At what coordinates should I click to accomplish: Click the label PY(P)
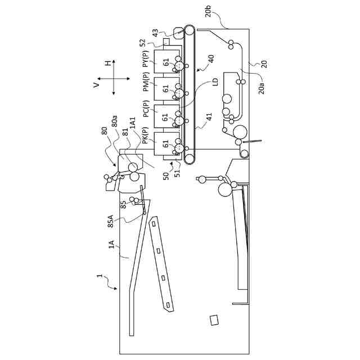coord(146,58)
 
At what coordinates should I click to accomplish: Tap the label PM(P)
coord(146,85)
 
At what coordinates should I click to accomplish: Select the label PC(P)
coord(146,111)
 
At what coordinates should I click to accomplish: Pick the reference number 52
coord(143,42)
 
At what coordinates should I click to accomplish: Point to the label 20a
coord(262,85)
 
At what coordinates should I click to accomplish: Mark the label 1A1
coord(133,123)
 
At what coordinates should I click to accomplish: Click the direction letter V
coord(97,85)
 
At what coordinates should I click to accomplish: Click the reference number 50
coord(166,175)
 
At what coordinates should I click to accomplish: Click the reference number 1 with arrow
coord(100,276)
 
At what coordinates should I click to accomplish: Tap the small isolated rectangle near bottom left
coord(214,320)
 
